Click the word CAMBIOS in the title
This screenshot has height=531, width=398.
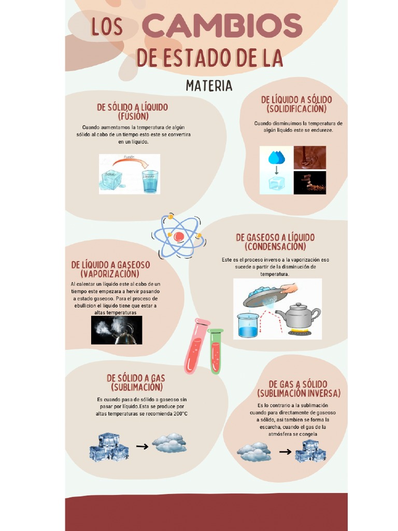coord(222,26)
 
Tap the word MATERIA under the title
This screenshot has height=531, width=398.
coord(209,86)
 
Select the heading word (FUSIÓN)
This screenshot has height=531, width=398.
coord(133,116)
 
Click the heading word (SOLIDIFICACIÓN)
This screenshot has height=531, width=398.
coord(296,109)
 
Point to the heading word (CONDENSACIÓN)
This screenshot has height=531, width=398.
coord(275,247)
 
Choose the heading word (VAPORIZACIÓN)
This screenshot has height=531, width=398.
coord(110,274)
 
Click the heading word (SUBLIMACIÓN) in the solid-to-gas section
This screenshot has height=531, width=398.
coord(136,387)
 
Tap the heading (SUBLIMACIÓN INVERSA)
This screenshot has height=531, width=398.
coord(298,394)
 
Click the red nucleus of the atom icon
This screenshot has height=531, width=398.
coord(179,236)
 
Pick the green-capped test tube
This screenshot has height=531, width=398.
coord(215,351)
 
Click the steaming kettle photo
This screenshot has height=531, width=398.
coord(117,330)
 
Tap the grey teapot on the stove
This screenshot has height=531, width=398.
coord(297,316)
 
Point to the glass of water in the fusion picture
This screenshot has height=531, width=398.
coord(150,181)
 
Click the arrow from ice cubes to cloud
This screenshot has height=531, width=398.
coord(142,446)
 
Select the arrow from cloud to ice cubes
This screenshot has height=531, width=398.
coord(285,452)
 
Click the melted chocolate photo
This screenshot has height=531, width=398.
coord(310,157)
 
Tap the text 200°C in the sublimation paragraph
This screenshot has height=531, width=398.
coord(179,414)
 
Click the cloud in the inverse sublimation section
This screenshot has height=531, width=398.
coord(254,452)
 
